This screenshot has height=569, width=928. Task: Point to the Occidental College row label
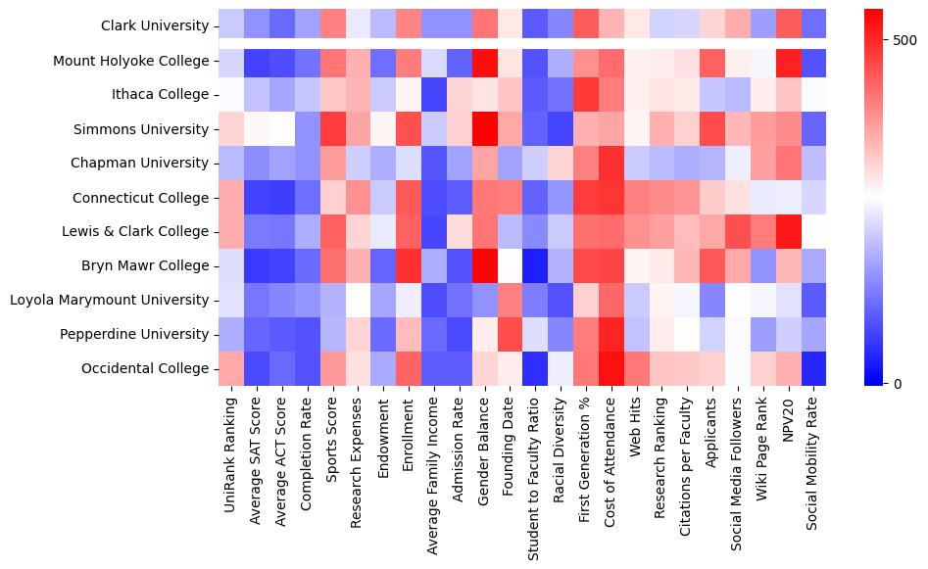pyautogui.click(x=147, y=368)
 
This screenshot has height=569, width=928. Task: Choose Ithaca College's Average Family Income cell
pyautogui.click(x=434, y=95)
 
